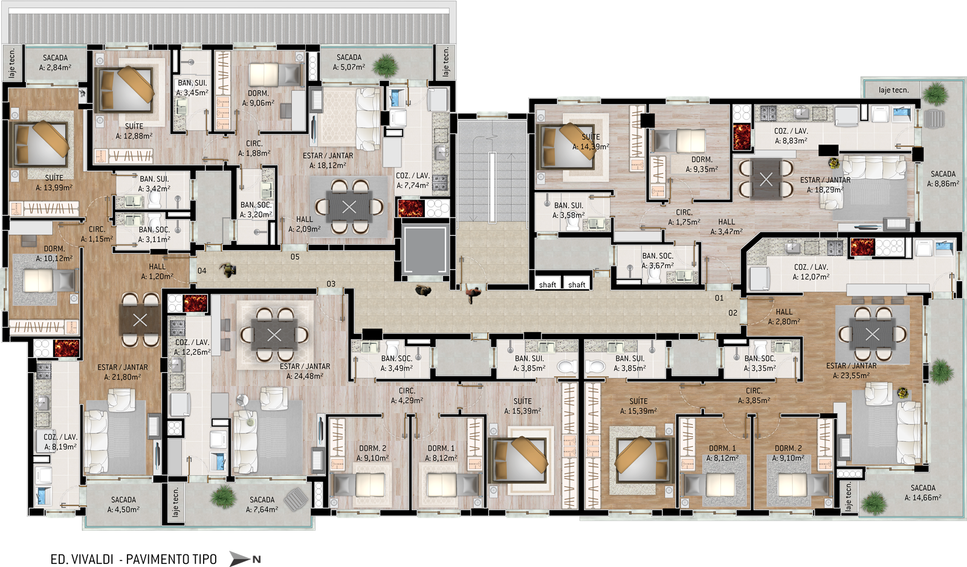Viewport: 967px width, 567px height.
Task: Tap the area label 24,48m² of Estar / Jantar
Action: coord(305,376)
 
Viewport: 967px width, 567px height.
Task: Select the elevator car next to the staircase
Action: coord(424,250)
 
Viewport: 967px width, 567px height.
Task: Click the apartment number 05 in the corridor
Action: coord(295,257)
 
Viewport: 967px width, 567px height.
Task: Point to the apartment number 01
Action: coord(719,298)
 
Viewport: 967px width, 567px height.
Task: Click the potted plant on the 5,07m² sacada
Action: coord(384,66)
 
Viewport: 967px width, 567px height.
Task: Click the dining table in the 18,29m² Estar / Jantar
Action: coord(766,179)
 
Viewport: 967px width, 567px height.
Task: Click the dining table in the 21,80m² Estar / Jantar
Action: coord(140,320)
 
